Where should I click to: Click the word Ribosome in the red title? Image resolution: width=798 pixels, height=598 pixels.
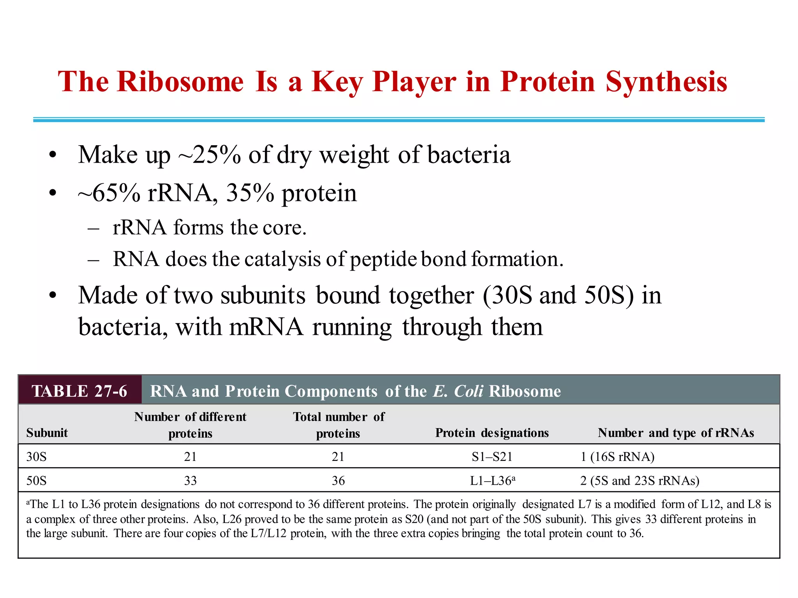click(x=180, y=82)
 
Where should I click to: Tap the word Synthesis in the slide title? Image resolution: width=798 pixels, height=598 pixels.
click(x=666, y=83)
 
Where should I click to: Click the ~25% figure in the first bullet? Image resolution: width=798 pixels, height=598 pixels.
click(x=210, y=155)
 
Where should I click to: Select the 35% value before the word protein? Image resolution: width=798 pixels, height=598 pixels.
click(x=250, y=193)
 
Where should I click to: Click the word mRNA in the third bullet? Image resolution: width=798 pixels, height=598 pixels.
click(x=266, y=327)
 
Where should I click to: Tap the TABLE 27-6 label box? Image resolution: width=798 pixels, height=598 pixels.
click(x=80, y=391)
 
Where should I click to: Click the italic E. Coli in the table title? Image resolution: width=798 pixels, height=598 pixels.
click(x=458, y=391)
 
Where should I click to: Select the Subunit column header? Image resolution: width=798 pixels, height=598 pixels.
click(x=47, y=433)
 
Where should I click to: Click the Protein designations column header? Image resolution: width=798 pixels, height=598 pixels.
click(x=492, y=433)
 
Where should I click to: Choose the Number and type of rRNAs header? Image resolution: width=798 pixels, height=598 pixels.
click(x=676, y=433)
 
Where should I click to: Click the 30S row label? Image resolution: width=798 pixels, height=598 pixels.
click(x=36, y=456)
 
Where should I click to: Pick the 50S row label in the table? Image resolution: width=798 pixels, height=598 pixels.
click(x=36, y=481)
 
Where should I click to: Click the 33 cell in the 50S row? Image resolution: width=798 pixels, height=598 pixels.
click(x=190, y=481)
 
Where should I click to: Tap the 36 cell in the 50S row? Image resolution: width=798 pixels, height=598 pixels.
click(x=338, y=481)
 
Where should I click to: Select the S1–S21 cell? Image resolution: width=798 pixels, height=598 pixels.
click(x=492, y=456)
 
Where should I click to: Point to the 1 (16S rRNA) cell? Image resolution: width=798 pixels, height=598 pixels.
click(x=617, y=456)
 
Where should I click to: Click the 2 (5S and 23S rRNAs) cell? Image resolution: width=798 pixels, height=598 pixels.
click(x=639, y=481)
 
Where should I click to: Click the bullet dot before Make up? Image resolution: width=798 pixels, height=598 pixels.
click(x=53, y=155)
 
